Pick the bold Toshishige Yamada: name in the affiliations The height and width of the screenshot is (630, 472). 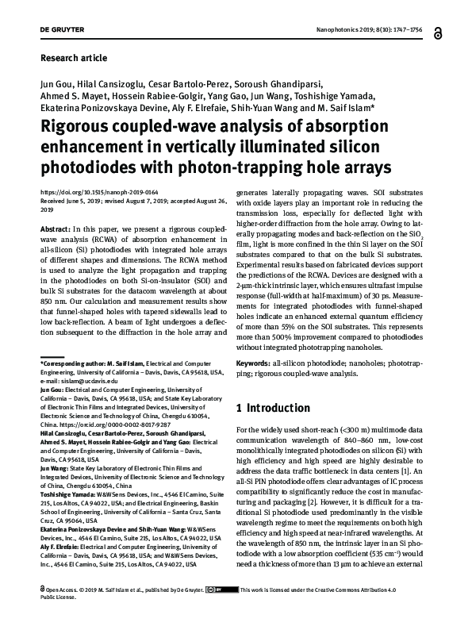(69, 492)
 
